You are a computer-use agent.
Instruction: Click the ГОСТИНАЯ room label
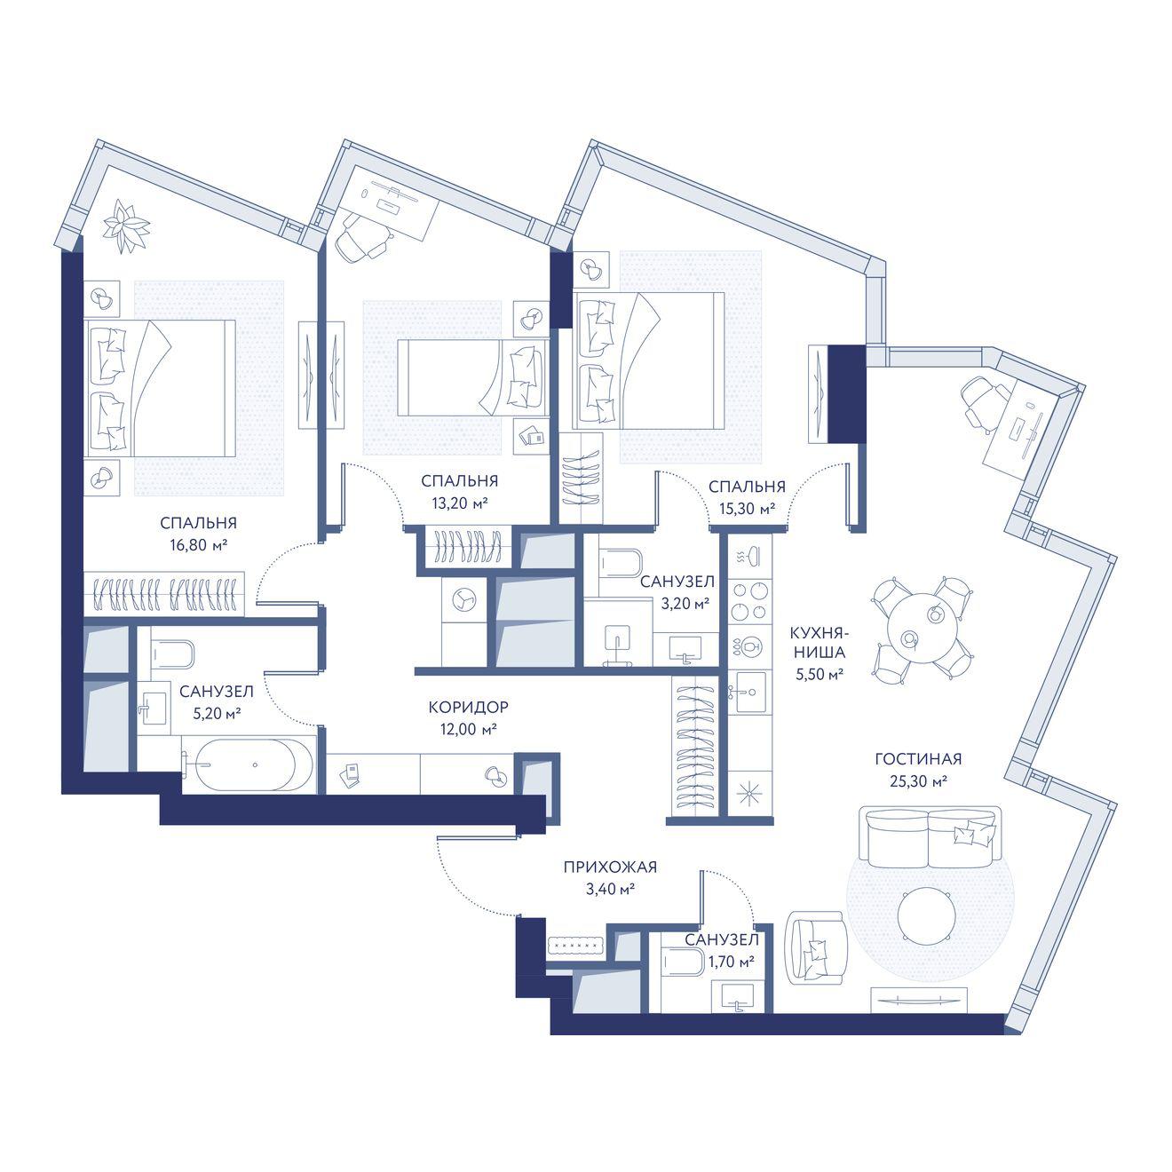918,759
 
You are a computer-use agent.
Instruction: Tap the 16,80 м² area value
199,545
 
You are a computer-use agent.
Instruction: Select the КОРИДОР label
468,707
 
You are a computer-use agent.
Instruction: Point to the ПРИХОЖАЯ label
610,867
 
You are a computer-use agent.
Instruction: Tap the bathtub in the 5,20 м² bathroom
248,764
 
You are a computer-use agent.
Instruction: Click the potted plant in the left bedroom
126,226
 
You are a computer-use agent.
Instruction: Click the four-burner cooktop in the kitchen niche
750,601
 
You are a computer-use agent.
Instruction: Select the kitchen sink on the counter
750,692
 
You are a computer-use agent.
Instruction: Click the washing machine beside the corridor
465,598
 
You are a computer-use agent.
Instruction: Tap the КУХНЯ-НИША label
818,644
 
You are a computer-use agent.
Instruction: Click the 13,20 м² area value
460,503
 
